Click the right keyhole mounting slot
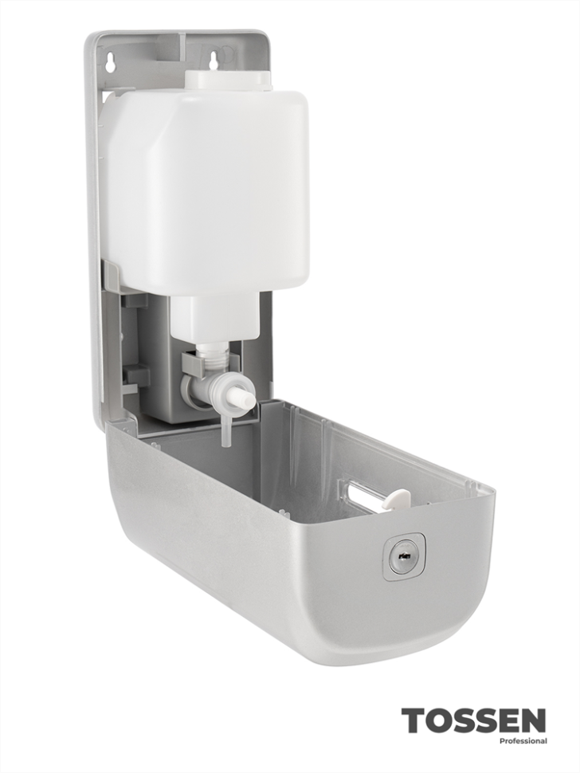[214, 61]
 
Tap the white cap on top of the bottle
[228, 80]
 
